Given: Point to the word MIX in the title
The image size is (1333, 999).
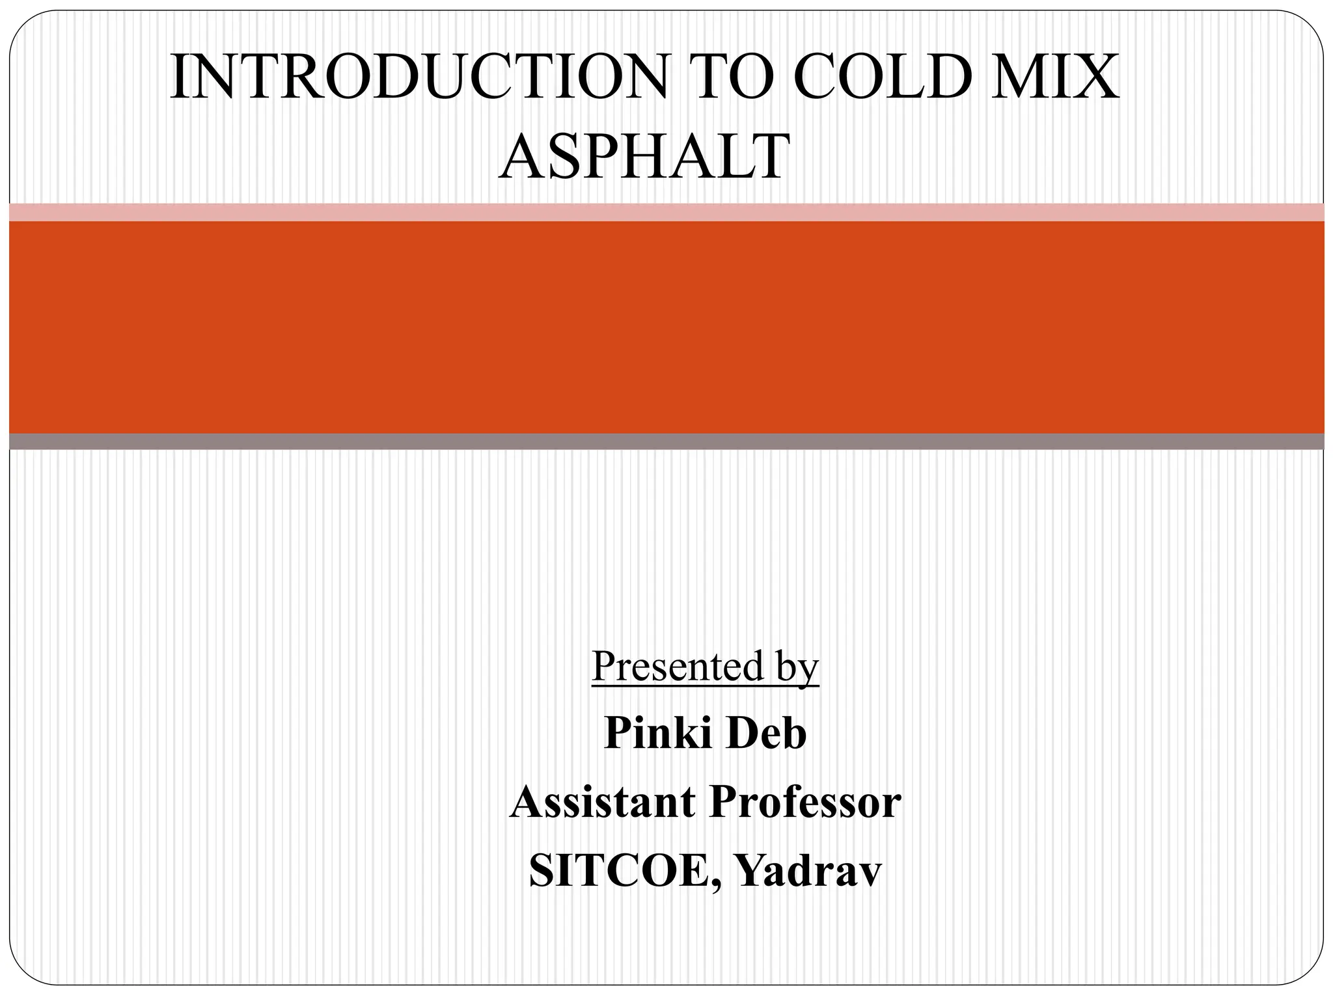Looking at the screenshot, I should point(1054,77).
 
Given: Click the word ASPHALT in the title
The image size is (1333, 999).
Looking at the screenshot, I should point(644,156).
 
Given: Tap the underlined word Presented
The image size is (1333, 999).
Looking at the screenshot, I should point(678,666).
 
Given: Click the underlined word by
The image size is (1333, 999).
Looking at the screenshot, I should point(797,667).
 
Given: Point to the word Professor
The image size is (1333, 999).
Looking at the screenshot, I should point(805,802).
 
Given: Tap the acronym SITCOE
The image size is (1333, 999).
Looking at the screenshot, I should point(618,871).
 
